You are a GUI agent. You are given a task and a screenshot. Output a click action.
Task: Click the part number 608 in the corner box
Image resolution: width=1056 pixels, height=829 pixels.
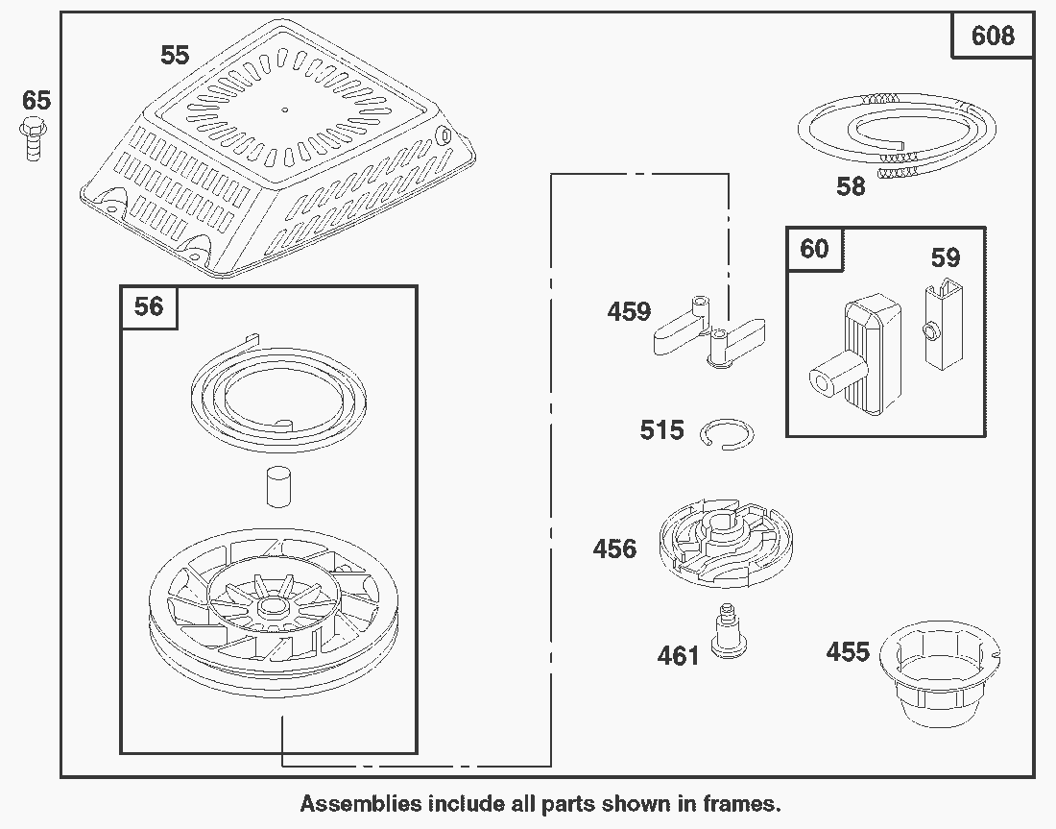point(992,37)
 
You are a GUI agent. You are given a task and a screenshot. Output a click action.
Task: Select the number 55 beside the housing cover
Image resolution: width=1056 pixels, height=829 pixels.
point(175,56)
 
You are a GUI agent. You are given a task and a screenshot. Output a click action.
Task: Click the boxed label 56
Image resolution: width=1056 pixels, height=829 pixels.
point(149,306)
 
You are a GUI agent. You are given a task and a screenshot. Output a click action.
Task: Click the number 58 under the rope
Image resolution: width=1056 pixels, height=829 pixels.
point(851,186)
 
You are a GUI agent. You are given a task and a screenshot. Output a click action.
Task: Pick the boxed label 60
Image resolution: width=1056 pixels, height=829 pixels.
point(814,250)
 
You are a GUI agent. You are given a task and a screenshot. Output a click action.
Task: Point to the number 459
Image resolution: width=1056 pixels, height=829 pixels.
point(629,312)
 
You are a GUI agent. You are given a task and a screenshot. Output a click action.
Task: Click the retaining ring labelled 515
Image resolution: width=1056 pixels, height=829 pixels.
point(727,433)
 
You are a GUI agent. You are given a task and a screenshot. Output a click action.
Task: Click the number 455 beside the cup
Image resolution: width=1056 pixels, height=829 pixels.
point(848,653)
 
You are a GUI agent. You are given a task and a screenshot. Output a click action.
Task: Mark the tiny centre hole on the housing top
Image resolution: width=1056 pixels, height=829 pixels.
point(284,109)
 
